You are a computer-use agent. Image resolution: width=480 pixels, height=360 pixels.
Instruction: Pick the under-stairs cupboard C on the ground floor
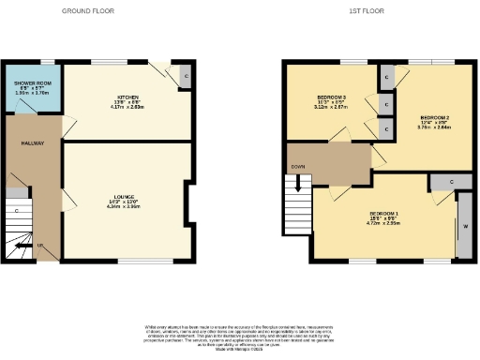(x=18, y=211)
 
